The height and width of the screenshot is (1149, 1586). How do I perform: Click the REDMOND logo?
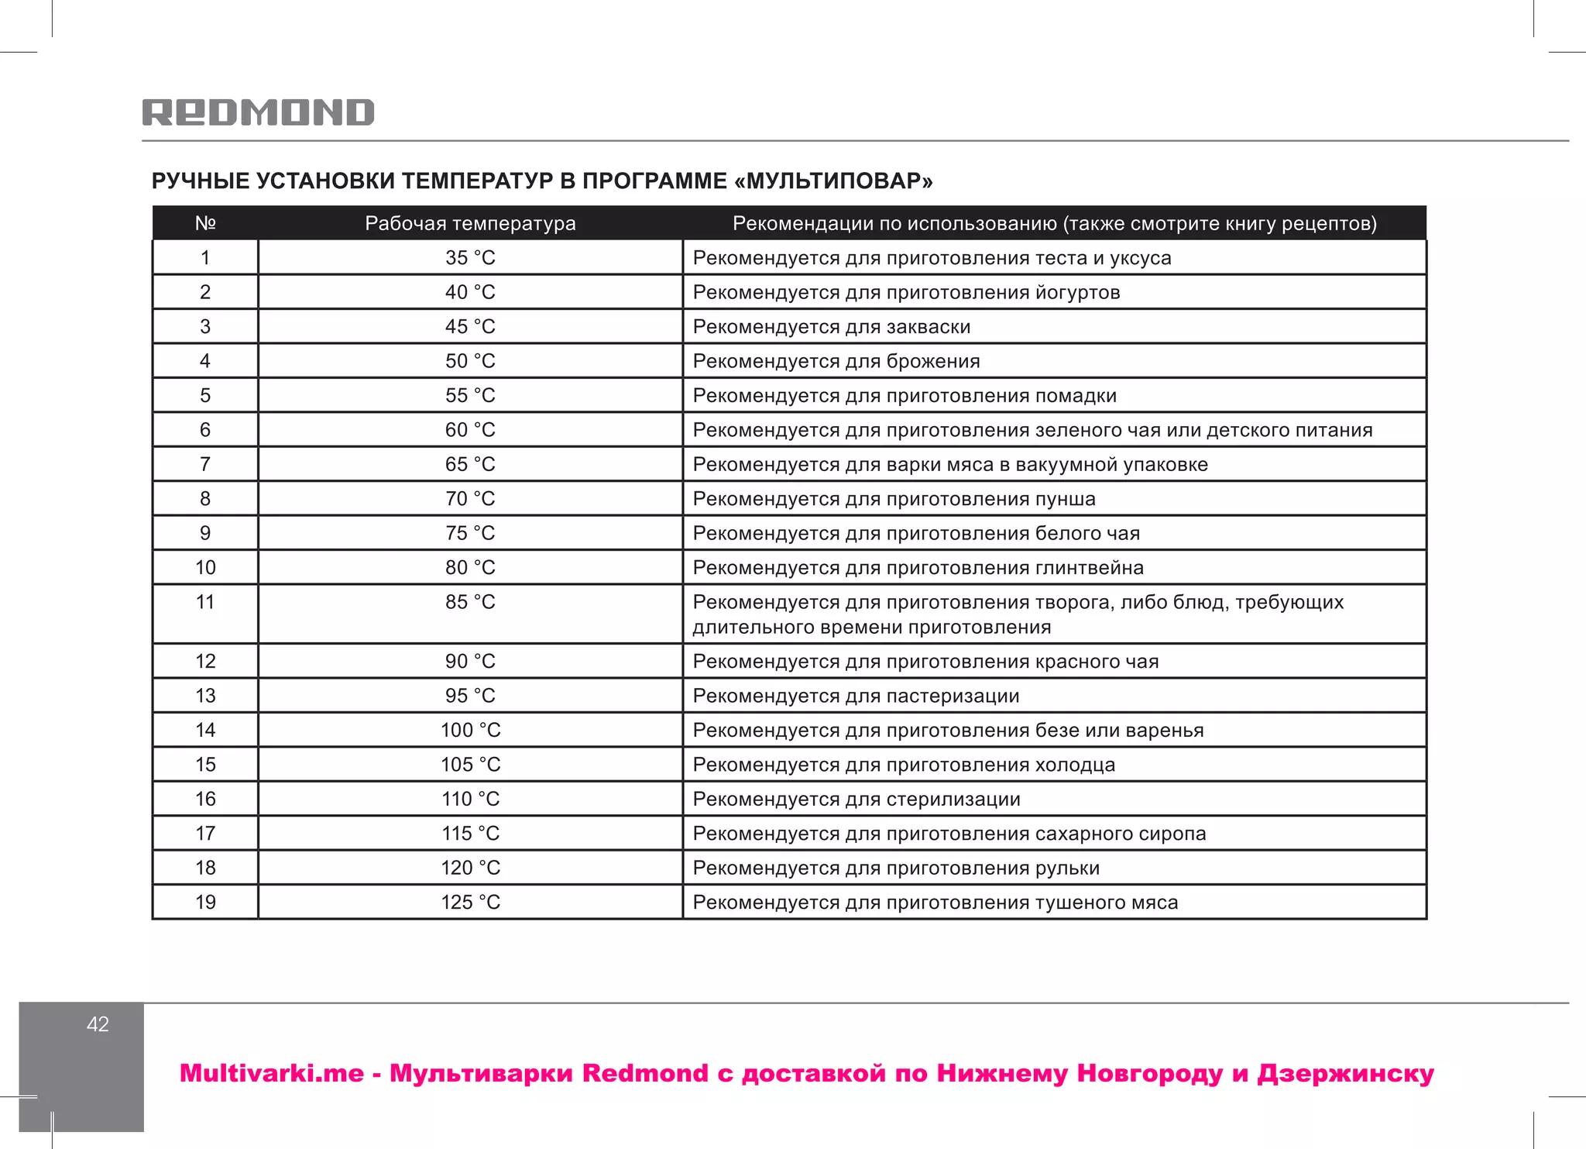click(x=258, y=113)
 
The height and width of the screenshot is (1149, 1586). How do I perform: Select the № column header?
click(x=205, y=223)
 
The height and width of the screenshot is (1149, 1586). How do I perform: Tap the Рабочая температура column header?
click(x=470, y=223)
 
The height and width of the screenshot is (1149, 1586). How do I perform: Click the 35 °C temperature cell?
click(x=470, y=258)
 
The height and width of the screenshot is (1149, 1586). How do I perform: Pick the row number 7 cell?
click(x=205, y=464)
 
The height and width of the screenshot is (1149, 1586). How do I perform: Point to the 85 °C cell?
click(x=470, y=602)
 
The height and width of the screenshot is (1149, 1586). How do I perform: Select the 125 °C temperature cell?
click(x=470, y=902)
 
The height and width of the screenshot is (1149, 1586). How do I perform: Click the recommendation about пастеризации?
click(x=856, y=696)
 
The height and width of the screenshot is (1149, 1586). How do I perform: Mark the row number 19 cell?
click(x=205, y=902)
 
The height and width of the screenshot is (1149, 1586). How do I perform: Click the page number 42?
click(x=98, y=1024)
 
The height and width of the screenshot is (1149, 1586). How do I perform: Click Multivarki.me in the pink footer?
click(x=271, y=1074)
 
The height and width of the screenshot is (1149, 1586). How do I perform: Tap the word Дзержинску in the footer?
click(x=1345, y=1074)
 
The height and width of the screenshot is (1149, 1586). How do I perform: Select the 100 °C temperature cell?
click(x=470, y=730)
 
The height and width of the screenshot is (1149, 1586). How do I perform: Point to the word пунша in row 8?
click(x=1065, y=499)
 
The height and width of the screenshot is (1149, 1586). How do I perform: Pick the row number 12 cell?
click(x=205, y=661)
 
